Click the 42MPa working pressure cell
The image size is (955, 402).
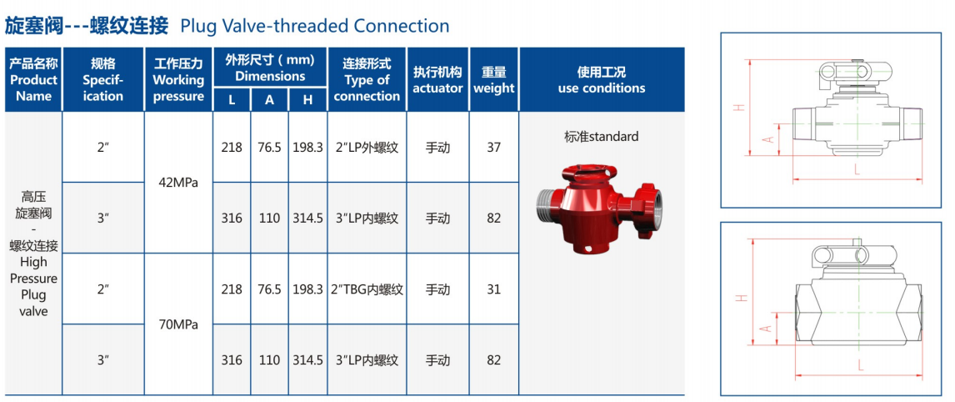(178, 183)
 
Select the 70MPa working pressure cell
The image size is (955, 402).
(178, 324)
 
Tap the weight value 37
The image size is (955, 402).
(494, 147)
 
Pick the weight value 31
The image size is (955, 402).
(494, 289)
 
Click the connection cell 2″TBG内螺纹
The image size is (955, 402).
(367, 289)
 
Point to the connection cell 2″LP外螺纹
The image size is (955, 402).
(367, 147)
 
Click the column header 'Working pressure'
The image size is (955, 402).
(178, 80)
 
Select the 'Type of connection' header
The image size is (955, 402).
(367, 80)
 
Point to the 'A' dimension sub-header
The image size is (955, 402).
(270, 100)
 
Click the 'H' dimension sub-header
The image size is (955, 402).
(307, 100)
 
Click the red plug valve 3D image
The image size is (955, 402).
(600, 208)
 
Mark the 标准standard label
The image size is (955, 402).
(602, 137)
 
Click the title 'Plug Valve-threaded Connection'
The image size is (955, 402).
(315, 26)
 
